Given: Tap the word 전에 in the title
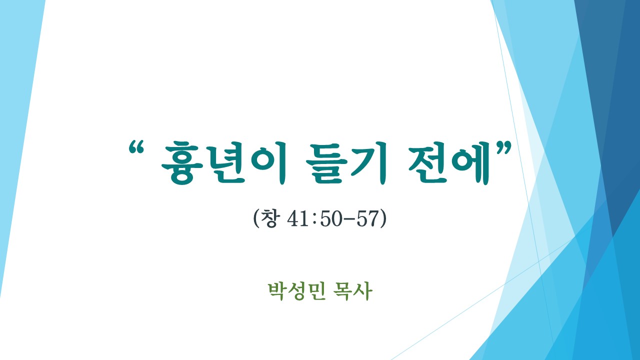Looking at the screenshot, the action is (448, 163).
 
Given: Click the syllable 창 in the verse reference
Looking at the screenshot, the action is (269, 218).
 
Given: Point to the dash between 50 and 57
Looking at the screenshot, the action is (349, 220).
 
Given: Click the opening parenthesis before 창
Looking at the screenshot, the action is (255, 219).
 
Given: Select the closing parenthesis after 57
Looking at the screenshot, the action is (383, 219).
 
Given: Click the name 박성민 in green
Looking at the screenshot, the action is (297, 291).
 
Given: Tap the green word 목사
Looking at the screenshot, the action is (353, 291).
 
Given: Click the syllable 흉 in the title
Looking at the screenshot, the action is (183, 163).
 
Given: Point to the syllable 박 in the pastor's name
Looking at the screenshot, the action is (278, 291).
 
